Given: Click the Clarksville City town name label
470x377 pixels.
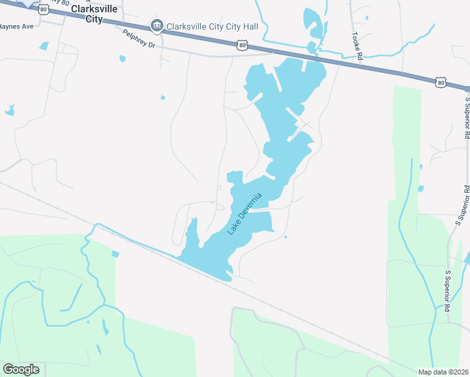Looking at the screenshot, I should click(x=95, y=14).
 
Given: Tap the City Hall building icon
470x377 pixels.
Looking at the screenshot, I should click(x=156, y=26).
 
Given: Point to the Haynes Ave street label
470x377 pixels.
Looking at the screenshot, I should click(x=16, y=27).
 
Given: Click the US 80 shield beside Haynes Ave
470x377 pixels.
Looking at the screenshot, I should click(x=43, y=10).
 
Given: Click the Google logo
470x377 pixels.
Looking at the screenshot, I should click(x=21, y=369).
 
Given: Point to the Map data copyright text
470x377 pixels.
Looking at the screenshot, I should click(x=443, y=371).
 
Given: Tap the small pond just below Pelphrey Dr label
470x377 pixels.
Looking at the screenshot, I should click(x=123, y=58).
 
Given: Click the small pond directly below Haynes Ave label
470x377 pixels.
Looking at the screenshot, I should click(x=43, y=46).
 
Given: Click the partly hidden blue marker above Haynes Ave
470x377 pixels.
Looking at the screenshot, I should click(x=28, y=3).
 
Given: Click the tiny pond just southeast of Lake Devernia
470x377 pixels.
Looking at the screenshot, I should click(x=286, y=236).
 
